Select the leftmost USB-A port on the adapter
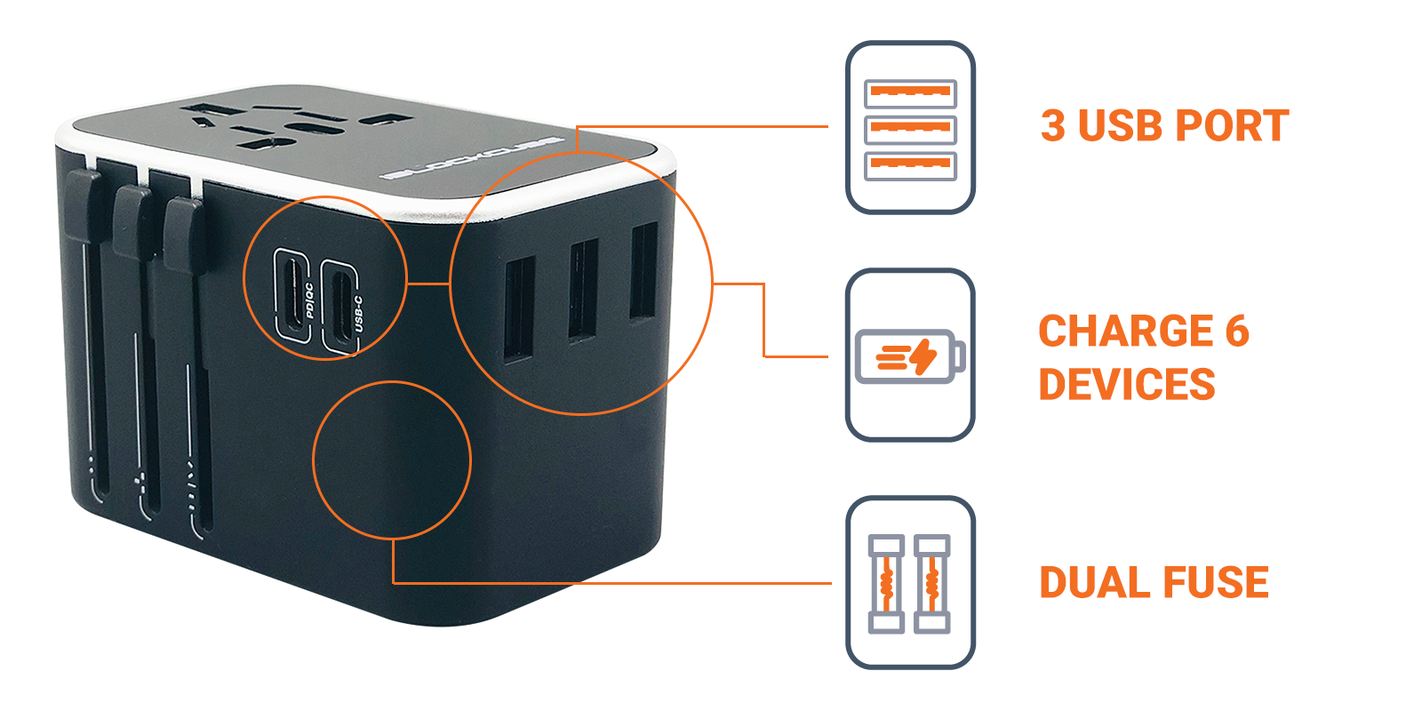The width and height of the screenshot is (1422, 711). (x=519, y=308)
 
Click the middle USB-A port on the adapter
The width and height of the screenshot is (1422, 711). (x=583, y=289)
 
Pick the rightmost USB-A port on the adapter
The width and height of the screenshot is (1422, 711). (x=643, y=270)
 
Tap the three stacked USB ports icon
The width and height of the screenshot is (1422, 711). (x=910, y=128)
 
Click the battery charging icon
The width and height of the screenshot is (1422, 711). (x=910, y=355)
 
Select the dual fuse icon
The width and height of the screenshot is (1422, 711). (x=910, y=583)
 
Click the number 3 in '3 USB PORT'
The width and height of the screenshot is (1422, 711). (x=1053, y=126)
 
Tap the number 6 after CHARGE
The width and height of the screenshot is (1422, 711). (x=1237, y=332)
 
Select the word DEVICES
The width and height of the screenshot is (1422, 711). (x=1127, y=385)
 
